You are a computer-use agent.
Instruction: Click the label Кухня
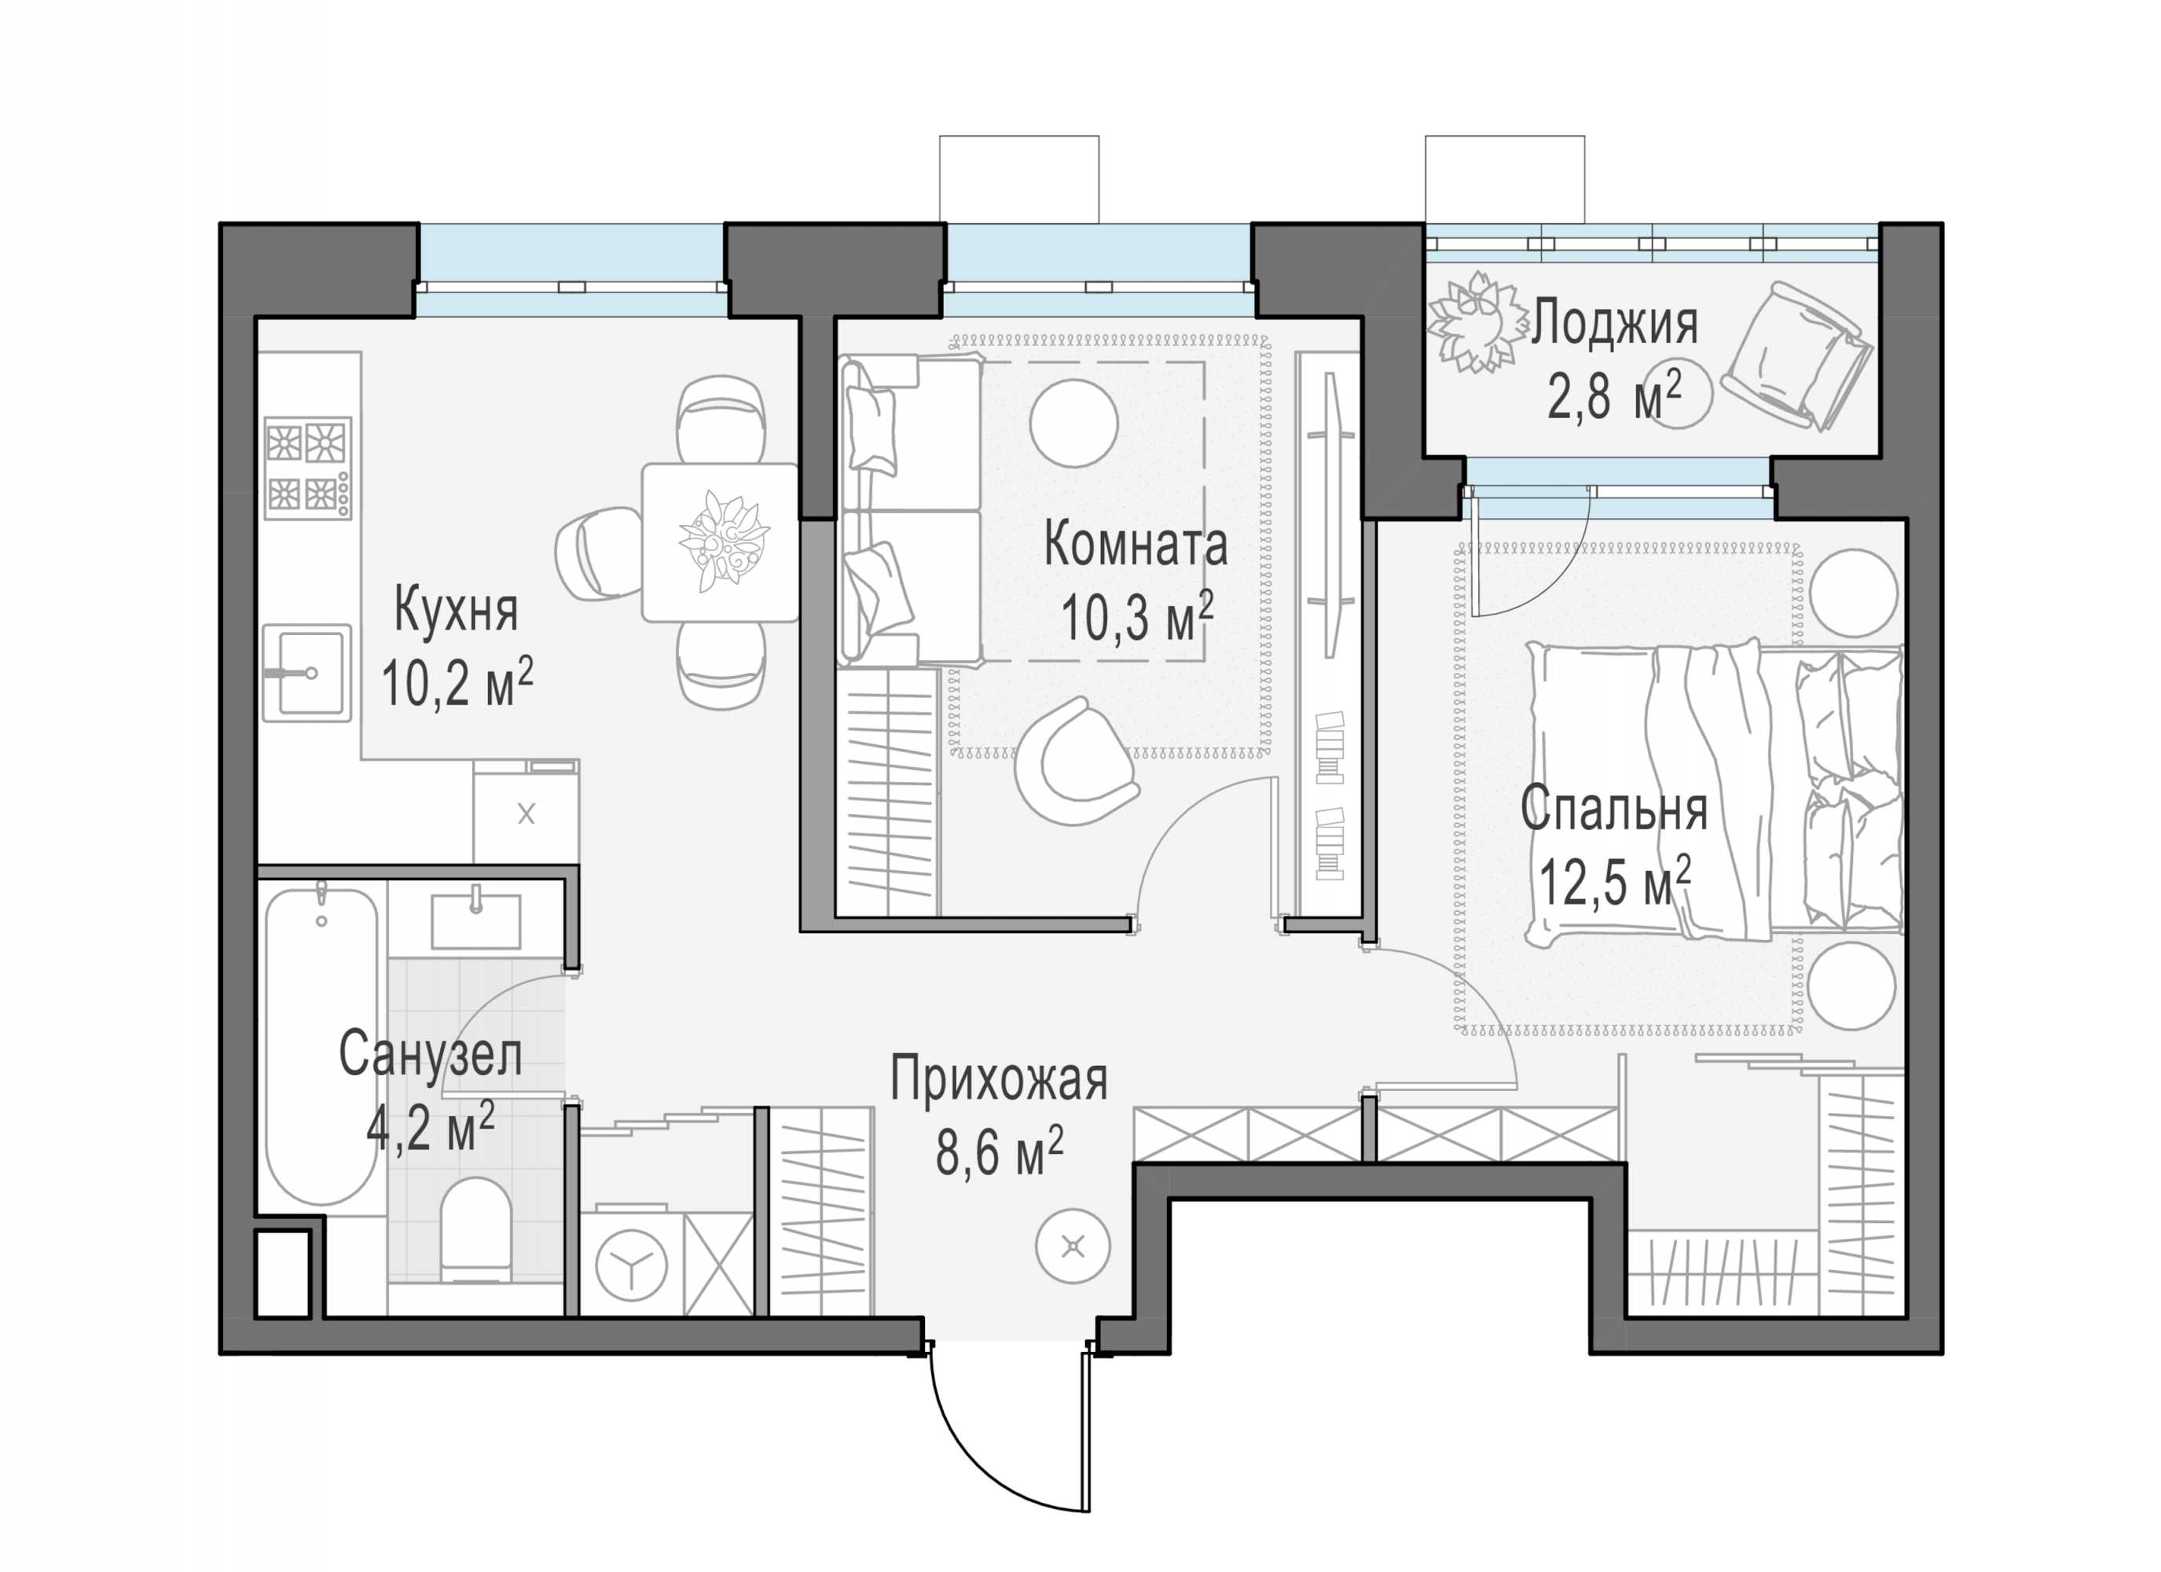(x=456, y=611)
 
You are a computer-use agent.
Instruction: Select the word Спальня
(x=1614, y=810)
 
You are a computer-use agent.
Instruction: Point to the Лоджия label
(x=1615, y=322)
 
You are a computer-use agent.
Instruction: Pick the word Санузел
(x=431, y=1056)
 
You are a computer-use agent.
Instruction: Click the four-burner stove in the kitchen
(x=308, y=468)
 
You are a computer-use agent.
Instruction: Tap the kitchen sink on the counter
(x=306, y=673)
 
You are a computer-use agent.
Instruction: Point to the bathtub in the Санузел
(x=321, y=1048)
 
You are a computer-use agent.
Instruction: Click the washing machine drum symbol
(x=631, y=1266)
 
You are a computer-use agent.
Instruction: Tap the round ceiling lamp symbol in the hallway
(x=1074, y=1246)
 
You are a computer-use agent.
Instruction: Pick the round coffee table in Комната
(x=1074, y=424)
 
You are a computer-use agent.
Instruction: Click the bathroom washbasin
(x=476, y=920)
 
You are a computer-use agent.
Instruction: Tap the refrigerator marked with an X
(x=526, y=812)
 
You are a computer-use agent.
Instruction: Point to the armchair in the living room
(x=1074, y=762)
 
